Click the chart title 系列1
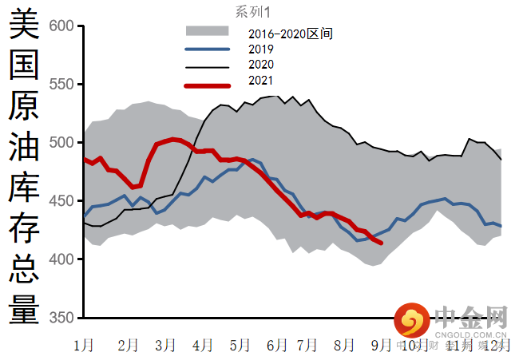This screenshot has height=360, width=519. pos(253,11)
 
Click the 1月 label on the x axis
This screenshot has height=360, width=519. pos(83,345)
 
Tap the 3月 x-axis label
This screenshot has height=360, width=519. pos(165,345)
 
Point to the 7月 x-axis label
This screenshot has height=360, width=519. pos(307,345)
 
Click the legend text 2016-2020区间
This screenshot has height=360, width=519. pos(290,34)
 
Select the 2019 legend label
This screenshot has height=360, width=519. pos(260,49)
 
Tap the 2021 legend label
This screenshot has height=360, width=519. pos(260,80)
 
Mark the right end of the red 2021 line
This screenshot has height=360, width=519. pos(381,243)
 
